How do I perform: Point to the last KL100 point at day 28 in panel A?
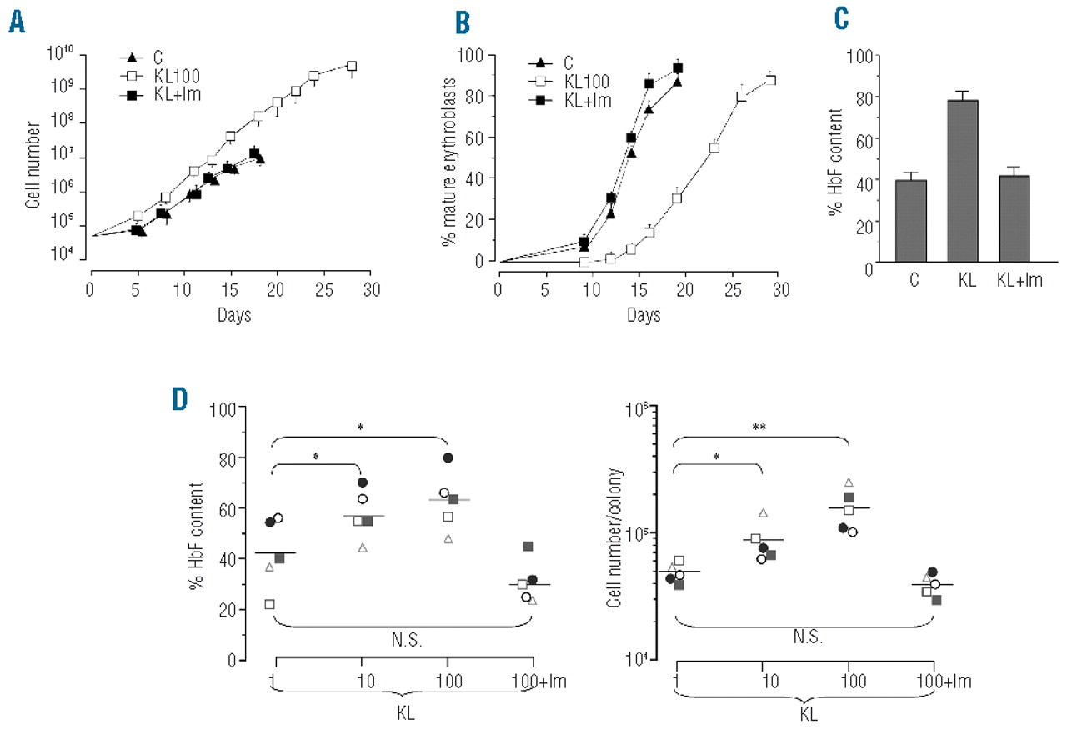[x=353, y=66]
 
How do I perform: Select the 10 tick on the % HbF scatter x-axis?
[x=361, y=682]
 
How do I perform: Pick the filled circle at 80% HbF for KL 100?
[x=448, y=457]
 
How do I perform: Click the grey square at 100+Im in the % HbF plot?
[x=528, y=547]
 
